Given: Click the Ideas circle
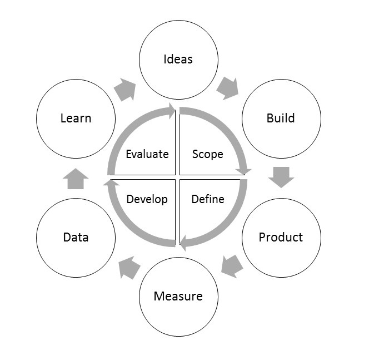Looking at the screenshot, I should coord(178,59).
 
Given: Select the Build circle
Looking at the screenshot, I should coord(281,119).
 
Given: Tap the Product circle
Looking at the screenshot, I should coord(281,237).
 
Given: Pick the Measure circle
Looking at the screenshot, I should coord(178,296).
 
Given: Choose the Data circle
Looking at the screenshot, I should coord(76,237).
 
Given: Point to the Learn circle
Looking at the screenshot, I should coord(76,119).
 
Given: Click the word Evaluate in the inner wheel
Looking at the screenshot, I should coord(147,154).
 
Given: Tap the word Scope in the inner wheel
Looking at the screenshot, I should coord(207,154).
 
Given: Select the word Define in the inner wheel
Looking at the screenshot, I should coord(207,199).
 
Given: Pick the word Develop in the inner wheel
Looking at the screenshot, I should coord(147,199).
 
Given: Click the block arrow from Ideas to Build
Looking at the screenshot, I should coord(227,88).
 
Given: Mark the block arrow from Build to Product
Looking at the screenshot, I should coord(281,177).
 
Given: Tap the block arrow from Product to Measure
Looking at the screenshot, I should coord(232,264).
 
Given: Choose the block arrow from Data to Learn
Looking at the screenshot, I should coord(76,179).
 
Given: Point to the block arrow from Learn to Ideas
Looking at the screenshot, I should coord(125,89).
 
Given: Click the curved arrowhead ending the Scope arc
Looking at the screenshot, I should coord(244,172).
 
